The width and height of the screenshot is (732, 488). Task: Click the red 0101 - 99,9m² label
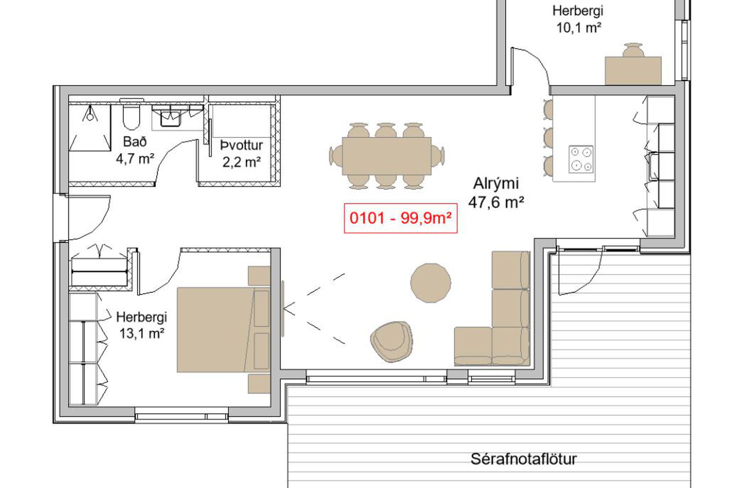pos(400,218)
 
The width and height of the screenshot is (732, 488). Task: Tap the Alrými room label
pos(496,184)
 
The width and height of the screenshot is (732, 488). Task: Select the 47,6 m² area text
pos(496,202)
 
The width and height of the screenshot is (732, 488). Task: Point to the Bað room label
pos(135,142)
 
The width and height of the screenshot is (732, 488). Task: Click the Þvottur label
pos(242,145)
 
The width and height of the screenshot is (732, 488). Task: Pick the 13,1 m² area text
pos(142,334)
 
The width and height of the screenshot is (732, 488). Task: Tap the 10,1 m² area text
pos(579,28)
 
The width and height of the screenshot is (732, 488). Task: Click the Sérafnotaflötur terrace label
pos(523,459)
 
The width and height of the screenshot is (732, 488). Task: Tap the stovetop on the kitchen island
pos(581,159)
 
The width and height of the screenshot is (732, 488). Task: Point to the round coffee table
pos(431,283)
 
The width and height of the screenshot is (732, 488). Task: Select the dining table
pos(387,156)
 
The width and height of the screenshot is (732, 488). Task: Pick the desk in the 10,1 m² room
pos(633,71)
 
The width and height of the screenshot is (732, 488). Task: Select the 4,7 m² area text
pos(135,159)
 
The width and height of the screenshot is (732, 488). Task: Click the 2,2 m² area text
pos(242,162)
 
